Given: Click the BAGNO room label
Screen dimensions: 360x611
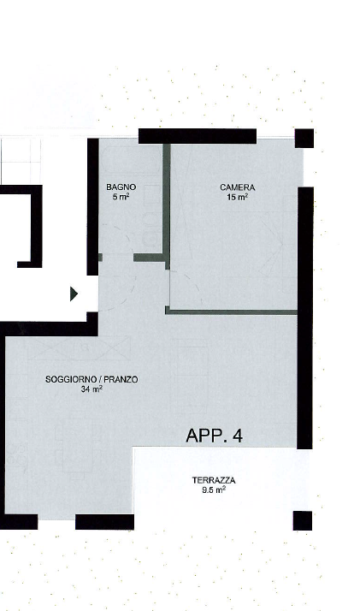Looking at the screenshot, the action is pos(121,187).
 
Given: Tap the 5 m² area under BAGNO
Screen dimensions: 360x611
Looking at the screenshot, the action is pos(121,197).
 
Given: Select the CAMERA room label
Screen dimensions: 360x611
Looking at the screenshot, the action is pos(238,187).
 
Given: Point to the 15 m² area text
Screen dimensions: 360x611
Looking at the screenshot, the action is pos(238,197).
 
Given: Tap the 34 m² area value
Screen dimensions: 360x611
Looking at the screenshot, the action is pos(91,389).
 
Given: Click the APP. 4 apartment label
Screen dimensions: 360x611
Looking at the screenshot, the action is pos(214,436).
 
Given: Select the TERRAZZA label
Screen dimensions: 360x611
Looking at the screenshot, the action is pos(214,480).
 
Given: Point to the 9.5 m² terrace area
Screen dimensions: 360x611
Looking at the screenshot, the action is pos(214,489).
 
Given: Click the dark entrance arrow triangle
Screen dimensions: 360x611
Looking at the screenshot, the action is pos(74,294).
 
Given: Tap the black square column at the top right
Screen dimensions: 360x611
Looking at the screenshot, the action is pos(304,139).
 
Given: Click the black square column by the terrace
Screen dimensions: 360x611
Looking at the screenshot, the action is pos(303,520).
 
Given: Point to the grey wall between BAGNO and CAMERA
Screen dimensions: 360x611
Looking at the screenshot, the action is pos(167,206).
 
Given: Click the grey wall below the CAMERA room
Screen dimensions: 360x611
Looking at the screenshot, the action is pos(231,311).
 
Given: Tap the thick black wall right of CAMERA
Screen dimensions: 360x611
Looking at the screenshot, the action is pos(305,317).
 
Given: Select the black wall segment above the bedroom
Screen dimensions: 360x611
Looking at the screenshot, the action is pos(198,136).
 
